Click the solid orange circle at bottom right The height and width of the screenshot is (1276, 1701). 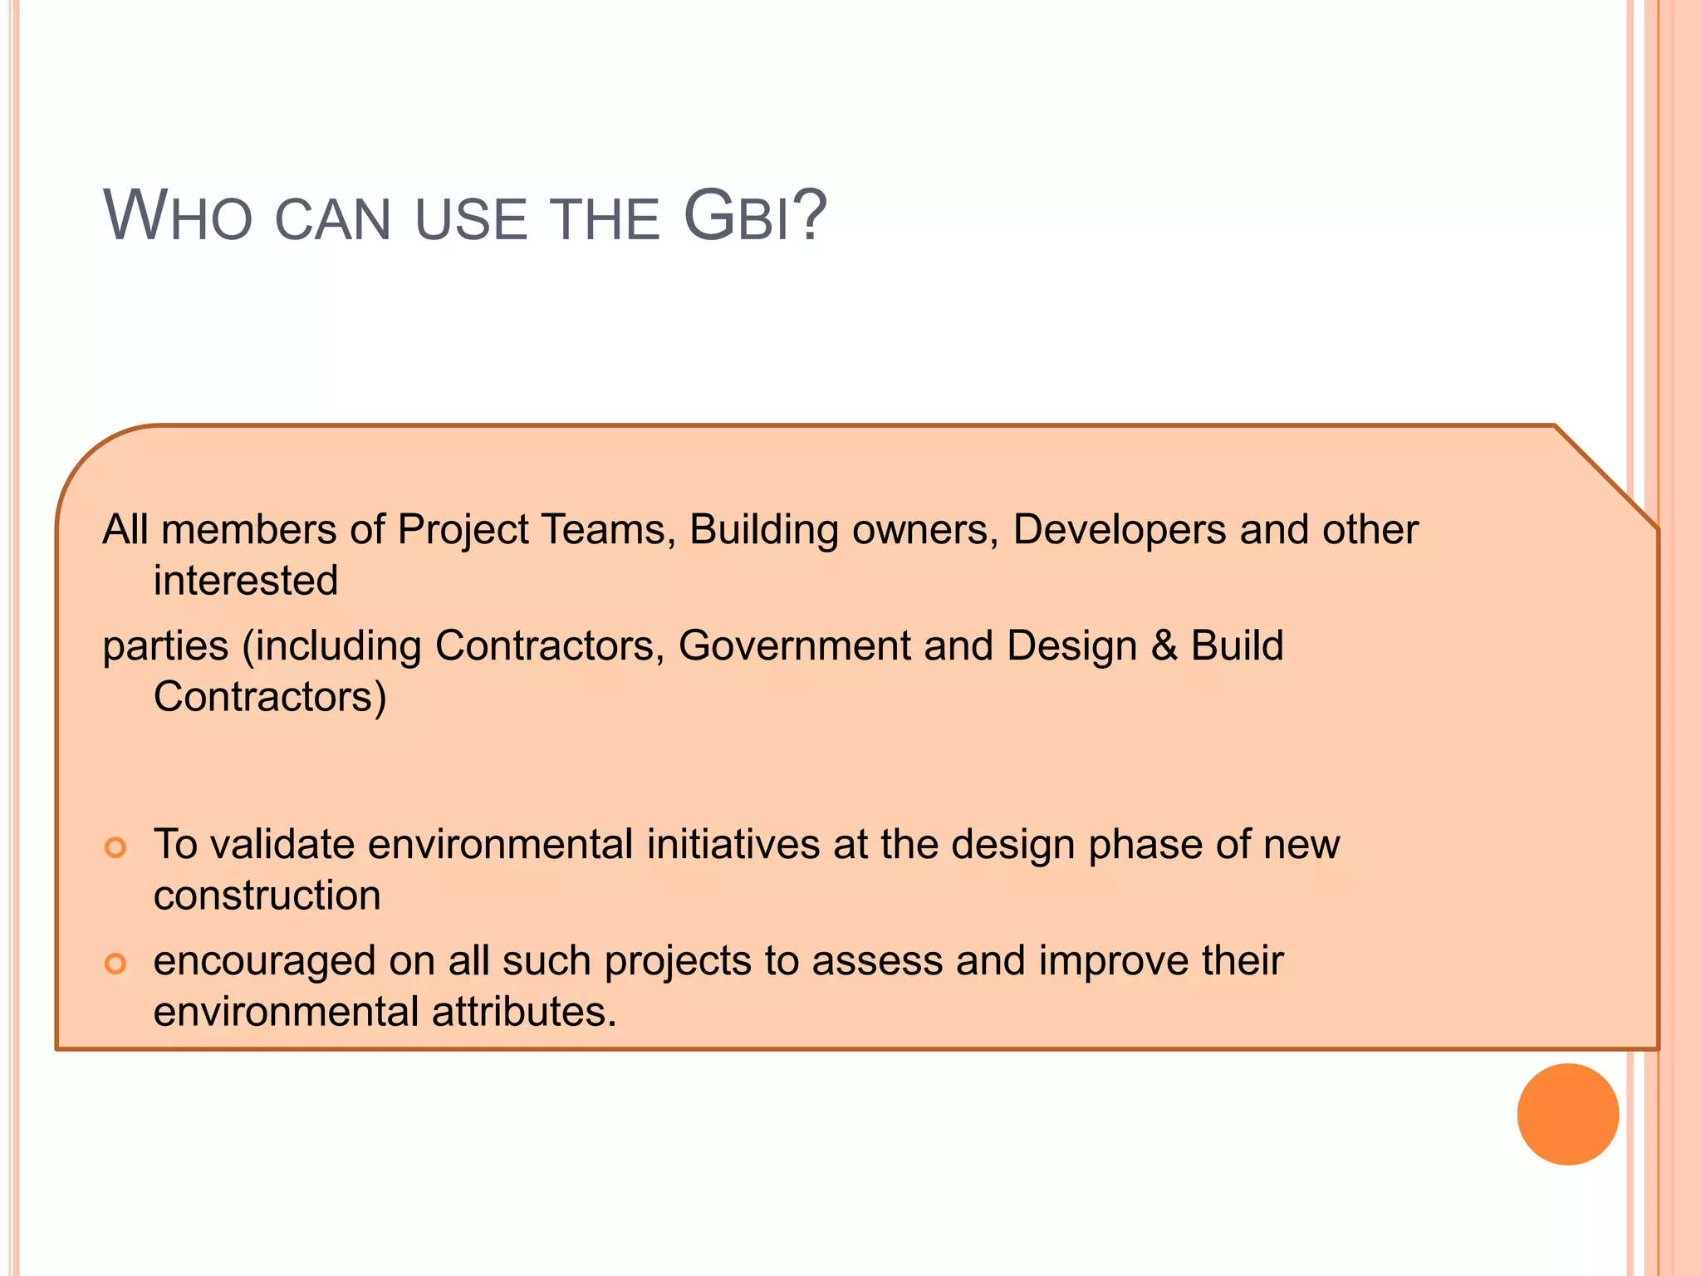1567,1114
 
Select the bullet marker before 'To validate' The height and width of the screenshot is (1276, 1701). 115,847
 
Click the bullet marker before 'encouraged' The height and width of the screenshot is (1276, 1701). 115,964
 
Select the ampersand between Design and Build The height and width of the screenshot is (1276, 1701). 1164,645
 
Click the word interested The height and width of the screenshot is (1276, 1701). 246,580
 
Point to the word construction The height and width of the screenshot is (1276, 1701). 267,896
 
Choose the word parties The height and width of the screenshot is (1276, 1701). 165,647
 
